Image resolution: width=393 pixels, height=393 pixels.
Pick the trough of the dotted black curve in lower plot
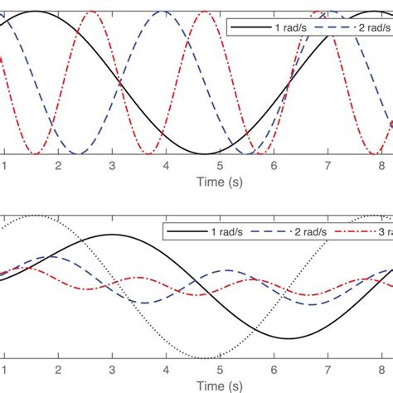point(206,357)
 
